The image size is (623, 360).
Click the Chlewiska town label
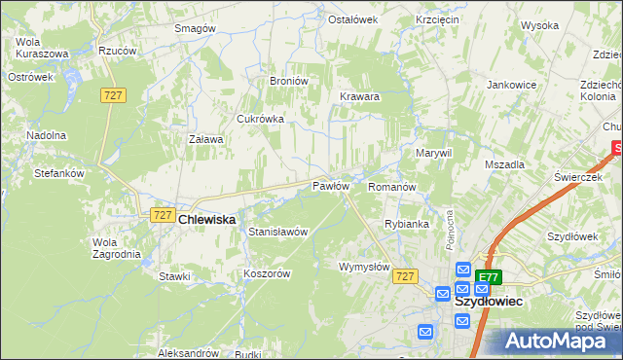[x=207, y=220]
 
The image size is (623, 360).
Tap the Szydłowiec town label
[x=489, y=302]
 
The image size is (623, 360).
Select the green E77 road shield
[x=490, y=277]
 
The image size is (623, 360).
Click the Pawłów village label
[x=330, y=186]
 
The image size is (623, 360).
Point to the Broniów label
[x=288, y=81]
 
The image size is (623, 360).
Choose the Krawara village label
[x=359, y=97]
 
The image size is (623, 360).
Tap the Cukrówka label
[x=260, y=119]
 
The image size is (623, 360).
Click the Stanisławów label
[x=278, y=233]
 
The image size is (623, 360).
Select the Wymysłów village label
[x=364, y=267]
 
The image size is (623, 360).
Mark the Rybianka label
[x=407, y=224]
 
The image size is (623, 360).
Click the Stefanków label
[x=60, y=173]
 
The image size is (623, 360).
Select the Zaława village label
[x=205, y=139]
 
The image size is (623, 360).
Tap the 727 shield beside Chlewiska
[x=163, y=215]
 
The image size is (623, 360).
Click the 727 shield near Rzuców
[x=113, y=94]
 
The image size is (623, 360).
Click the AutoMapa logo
[x=558, y=341]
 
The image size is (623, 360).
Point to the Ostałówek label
[x=351, y=19]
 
